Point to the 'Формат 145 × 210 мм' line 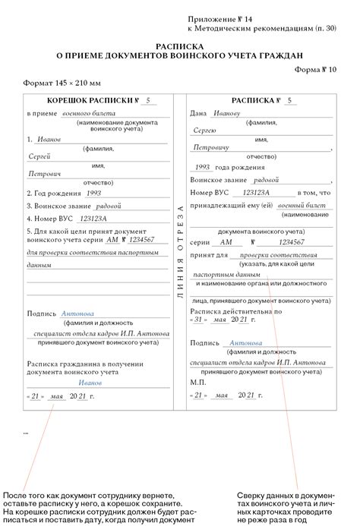point(60,81)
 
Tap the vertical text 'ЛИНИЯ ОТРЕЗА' point(180,251)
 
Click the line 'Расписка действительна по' point(235,310)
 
